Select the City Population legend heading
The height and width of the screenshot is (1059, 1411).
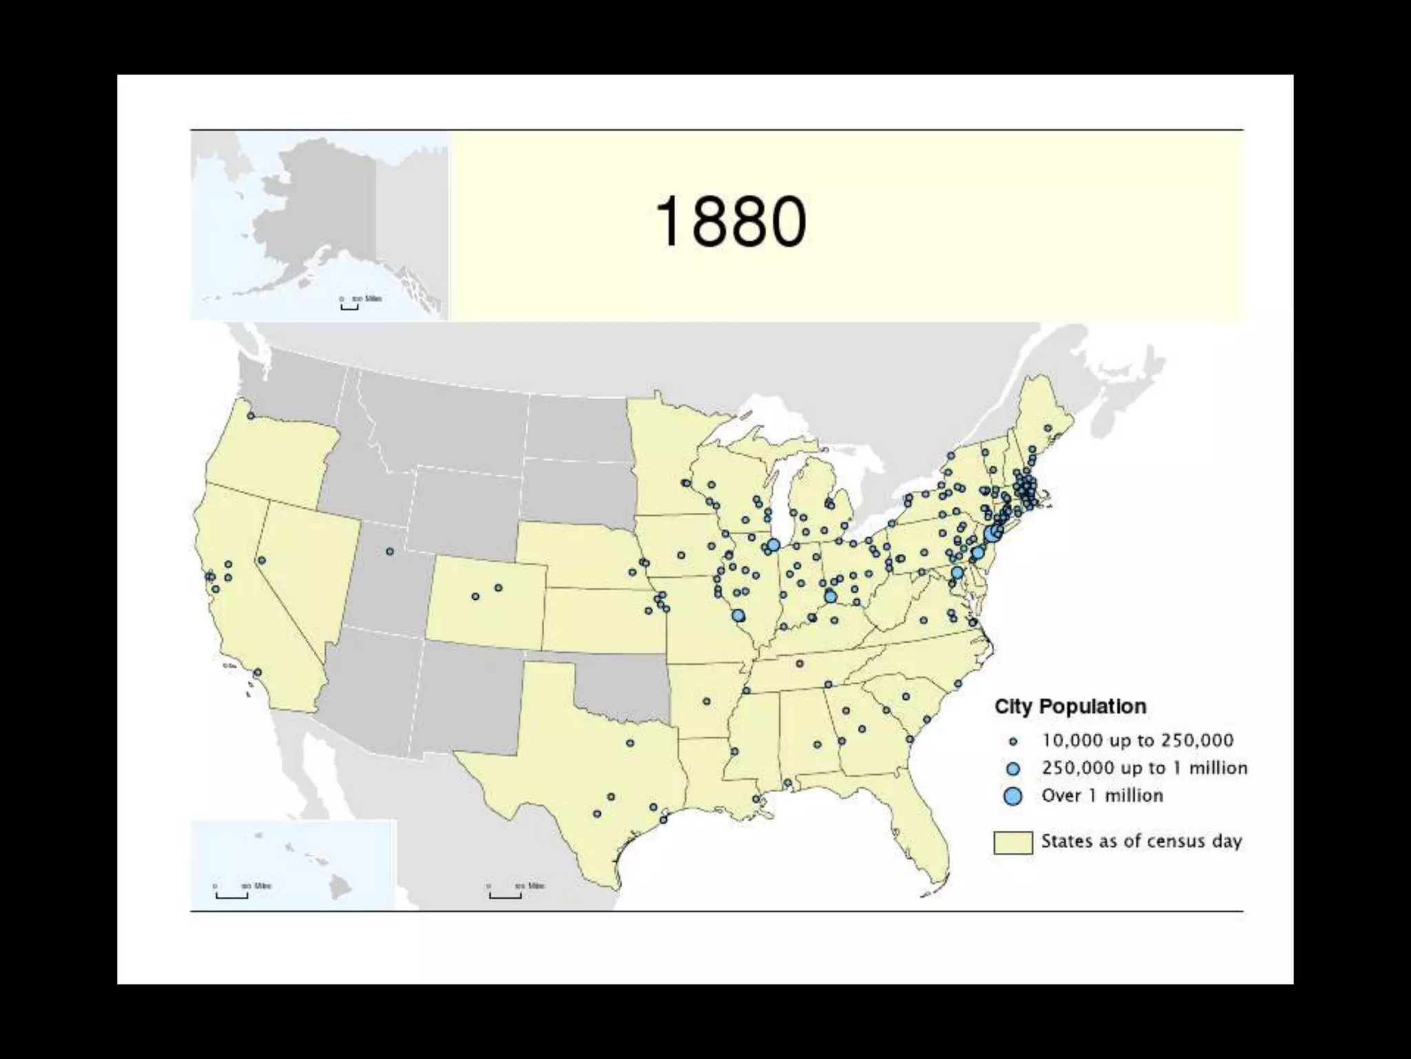[x=1070, y=707]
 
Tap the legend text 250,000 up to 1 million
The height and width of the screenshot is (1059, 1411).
[x=1144, y=768]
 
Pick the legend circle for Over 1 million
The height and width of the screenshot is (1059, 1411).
[x=1013, y=796]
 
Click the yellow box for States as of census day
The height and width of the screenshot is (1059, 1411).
[x=1013, y=842]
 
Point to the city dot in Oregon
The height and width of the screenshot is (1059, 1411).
[x=251, y=416]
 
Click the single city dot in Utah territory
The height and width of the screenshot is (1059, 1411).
[x=390, y=552]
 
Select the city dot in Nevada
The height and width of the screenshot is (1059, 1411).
[x=262, y=561]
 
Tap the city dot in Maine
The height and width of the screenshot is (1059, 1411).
[x=1048, y=428]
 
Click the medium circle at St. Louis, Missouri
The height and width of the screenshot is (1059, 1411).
[x=739, y=615]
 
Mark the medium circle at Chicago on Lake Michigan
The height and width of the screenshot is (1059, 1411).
[x=773, y=545]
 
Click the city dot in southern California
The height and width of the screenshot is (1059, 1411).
[x=258, y=672]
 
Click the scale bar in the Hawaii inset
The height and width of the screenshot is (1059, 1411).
[x=231, y=896]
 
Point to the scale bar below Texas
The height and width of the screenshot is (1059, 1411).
[x=505, y=896]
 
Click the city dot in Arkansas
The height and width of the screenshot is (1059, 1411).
[x=707, y=701]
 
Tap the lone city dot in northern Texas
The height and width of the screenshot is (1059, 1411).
[x=630, y=743]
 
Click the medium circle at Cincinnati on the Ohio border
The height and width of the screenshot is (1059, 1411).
[x=830, y=596]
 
